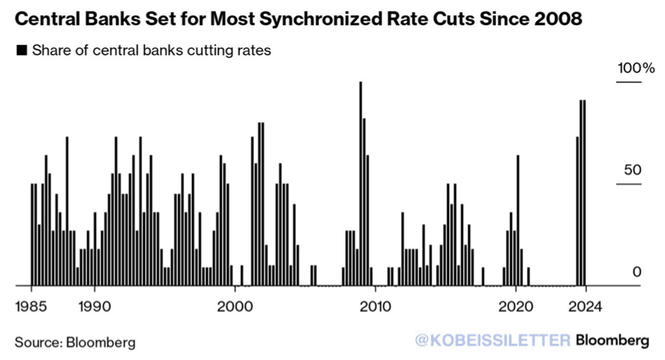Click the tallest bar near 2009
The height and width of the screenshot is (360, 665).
pyautogui.click(x=361, y=183)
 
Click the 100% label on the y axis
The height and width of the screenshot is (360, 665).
pyautogui.click(x=636, y=68)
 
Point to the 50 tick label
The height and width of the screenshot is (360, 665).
pyautogui.click(x=632, y=170)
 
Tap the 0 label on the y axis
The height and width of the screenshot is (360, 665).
pyautogui.click(x=637, y=272)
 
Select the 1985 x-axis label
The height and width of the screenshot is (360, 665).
pyautogui.click(x=31, y=306)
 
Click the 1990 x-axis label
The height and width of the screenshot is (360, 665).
pyautogui.click(x=95, y=306)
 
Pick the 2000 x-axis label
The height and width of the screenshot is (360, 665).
pyautogui.click(x=235, y=306)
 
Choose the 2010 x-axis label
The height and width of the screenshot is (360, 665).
pyautogui.click(x=375, y=306)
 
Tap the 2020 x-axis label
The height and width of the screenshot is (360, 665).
pyautogui.click(x=515, y=306)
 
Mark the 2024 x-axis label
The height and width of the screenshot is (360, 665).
pyautogui.click(x=586, y=306)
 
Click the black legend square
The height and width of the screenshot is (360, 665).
pyautogui.click(x=21, y=50)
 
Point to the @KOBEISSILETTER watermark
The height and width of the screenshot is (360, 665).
pyautogui.click(x=493, y=340)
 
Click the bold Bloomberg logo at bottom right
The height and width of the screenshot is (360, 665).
pyautogui.click(x=612, y=340)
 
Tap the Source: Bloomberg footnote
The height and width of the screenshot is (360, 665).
pyautogui.click(x=75, y=342)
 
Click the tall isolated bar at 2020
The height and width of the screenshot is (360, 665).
pyautogui.click(x=517, y=220)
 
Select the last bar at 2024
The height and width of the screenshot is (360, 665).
pyautogui.click(x=585, y=193)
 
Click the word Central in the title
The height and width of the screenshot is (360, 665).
pyautogui.click(x=42, y=19)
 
